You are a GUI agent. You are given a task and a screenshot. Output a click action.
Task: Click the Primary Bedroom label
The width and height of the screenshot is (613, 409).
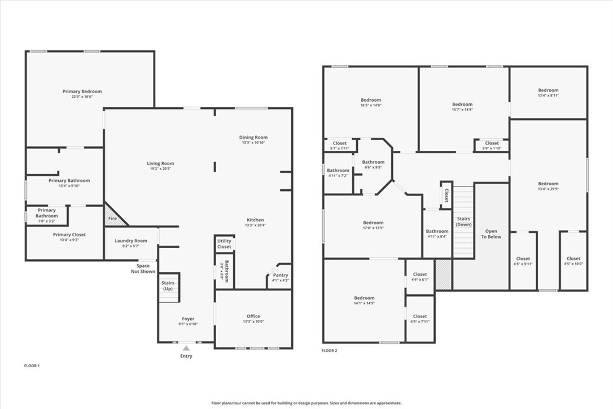click(82, 91)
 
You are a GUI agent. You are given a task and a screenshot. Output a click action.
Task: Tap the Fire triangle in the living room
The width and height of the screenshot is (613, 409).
click(113, 217)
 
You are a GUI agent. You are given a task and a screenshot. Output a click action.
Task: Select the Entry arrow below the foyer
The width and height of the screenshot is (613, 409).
click(186, 349)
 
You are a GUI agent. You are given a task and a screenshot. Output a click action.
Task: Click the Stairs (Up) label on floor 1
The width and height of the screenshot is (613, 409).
click(168, 286)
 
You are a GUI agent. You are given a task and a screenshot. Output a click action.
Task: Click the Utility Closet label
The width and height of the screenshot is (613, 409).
click(224, 244)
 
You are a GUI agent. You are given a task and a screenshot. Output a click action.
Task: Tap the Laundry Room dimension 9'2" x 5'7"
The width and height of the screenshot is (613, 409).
click(131, 246)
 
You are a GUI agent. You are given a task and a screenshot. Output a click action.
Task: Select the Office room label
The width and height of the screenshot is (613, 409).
click(253, 316)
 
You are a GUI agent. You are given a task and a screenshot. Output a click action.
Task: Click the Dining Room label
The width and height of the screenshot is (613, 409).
click(253, 137)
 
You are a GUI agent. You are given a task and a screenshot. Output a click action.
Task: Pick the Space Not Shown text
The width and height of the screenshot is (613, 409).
click(143, 268)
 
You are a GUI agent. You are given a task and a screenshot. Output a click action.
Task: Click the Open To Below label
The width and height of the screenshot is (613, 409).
click(491, 234)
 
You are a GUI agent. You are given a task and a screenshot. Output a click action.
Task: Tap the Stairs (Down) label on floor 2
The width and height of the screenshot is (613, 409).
click(464, 221)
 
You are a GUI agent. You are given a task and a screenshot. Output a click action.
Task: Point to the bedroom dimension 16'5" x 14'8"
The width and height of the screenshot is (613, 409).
click(371, 105)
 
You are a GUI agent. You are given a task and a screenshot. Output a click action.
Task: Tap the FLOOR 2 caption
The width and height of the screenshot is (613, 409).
click(329, 351)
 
